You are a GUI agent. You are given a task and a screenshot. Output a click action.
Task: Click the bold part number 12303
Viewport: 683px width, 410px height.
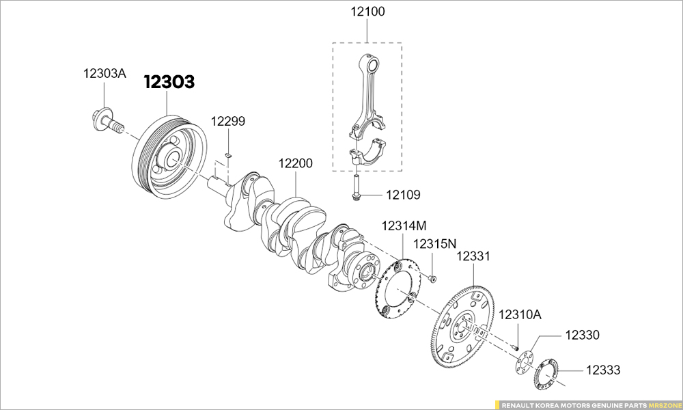(x=169, y=82)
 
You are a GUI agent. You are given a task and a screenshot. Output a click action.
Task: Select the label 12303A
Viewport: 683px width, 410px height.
(x=104, y=73)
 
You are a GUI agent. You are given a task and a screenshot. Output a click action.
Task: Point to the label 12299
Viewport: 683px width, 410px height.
(x=228, y=121)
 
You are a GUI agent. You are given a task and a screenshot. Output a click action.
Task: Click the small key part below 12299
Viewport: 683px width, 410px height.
(x=229, y=154)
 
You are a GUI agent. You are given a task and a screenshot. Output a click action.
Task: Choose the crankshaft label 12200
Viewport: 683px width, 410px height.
(x=296, y=163)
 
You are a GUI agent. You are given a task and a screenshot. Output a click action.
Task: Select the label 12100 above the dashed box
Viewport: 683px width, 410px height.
(x=368, y=12)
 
